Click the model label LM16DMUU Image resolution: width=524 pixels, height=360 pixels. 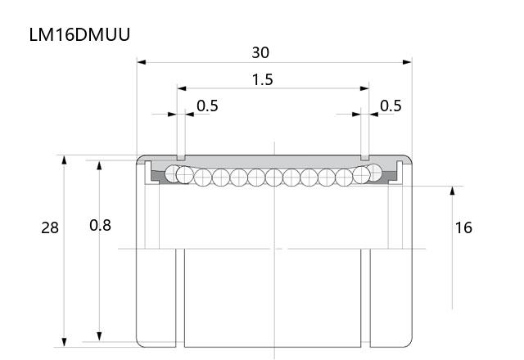[79, 34]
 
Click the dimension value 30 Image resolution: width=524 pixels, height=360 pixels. [260, 52]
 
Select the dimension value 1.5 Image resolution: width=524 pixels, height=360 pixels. [262, 80]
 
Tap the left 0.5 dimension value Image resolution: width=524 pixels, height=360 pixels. [207, 106]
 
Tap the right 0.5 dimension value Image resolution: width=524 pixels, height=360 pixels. [391, 106]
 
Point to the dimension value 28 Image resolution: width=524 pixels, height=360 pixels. [50, 227]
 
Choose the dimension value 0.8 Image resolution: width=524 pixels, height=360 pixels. [100, 226]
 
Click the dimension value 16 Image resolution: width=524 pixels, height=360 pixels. [463, 227]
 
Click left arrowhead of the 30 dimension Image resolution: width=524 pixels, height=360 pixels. [142, 62]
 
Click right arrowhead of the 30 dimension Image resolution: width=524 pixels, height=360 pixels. [408, 62]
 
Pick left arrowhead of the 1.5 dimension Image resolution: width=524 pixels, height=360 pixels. [182, 88]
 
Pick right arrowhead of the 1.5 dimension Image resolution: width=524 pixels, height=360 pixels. [364, 88]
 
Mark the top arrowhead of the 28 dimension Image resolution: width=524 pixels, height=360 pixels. [64, 160]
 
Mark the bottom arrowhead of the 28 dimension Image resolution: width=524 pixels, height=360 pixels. [64, 342]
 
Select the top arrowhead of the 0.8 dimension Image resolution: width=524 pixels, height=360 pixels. [99, 165]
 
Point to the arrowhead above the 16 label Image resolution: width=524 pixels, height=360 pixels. [452, 191]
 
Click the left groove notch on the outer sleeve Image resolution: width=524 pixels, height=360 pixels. [181, 158]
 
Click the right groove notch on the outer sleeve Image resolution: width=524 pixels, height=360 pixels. [365, 158]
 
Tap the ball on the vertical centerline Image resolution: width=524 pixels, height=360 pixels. [274, 178]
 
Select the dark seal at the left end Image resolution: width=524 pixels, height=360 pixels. [157, 177]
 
